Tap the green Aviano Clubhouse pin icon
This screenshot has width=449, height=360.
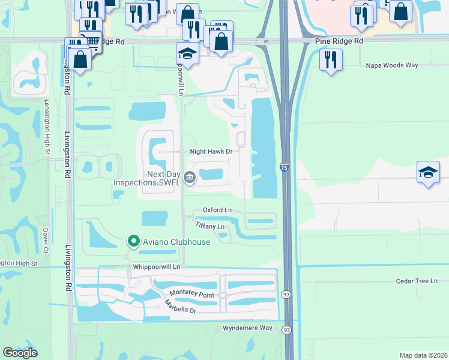coord(133,242)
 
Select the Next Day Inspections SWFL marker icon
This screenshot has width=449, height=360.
coord(190,176)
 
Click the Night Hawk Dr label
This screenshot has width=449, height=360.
coord(211,152)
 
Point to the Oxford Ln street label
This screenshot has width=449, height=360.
coord(217,209)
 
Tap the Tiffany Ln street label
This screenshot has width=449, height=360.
coord(210,226)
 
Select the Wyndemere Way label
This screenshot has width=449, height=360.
coord(247,328)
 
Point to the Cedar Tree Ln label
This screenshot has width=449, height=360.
coord(417,281)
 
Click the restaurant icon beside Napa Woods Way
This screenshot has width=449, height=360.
coord(331,60)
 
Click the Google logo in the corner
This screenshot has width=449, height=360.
coord(20,353)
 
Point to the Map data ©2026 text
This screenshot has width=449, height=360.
coord(423,355)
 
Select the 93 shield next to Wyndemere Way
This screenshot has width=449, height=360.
coord(287,330)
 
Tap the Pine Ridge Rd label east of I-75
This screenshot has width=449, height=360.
coord(339,41)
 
